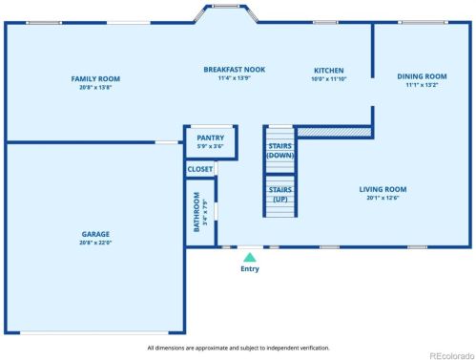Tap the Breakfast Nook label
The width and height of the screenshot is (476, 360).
click(234, 70)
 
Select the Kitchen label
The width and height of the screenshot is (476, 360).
click(329, 71)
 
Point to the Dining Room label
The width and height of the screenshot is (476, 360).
click(422, 76)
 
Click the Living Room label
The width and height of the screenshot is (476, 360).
click(383, 189)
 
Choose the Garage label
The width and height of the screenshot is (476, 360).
click(94, 234)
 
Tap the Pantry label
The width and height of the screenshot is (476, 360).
click(202, 138)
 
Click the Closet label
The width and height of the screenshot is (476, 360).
click(200, 169)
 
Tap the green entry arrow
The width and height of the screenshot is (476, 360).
click(249, 257)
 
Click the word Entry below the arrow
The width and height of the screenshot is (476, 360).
click(249, 269)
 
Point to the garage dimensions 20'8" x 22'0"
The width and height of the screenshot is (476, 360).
click(94, 243)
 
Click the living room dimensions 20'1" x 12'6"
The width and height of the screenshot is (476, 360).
click(383, 199)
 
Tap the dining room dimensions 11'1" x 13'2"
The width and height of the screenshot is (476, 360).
click(422, 85)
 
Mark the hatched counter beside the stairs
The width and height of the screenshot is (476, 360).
click(333, 131)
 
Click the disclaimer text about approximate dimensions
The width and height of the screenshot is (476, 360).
click(238, 348)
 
